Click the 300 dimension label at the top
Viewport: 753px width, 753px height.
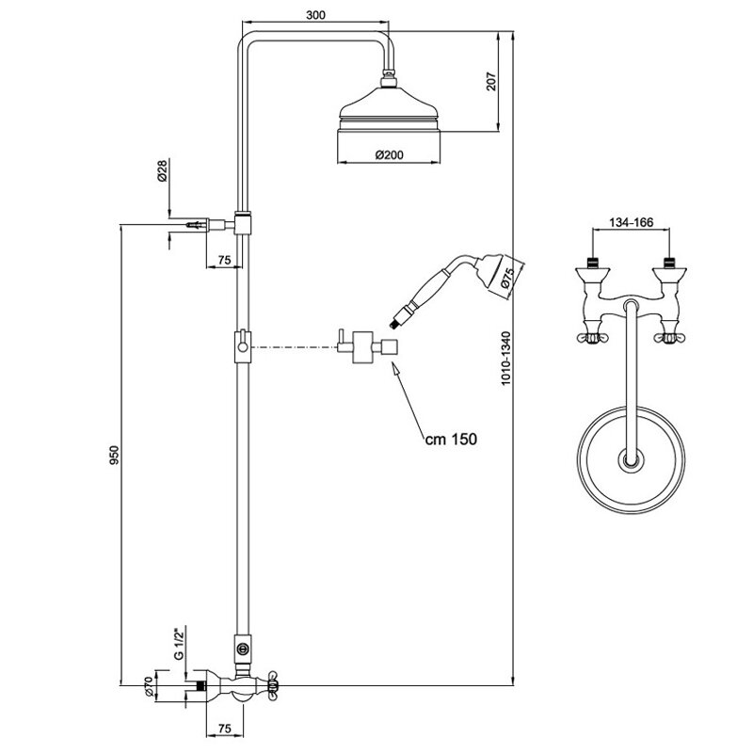(315, 15)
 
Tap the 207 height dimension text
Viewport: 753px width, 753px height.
(490, 82)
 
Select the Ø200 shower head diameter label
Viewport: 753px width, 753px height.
(390, 154)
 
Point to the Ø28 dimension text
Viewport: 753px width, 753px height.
(162, 171)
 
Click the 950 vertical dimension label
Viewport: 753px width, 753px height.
(114, 456)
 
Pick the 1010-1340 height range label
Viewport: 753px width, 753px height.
(505, 359)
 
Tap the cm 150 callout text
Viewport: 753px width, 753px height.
(451, 439)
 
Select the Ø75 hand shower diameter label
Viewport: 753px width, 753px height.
(507, 279)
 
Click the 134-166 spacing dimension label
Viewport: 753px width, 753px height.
(631, 222)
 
